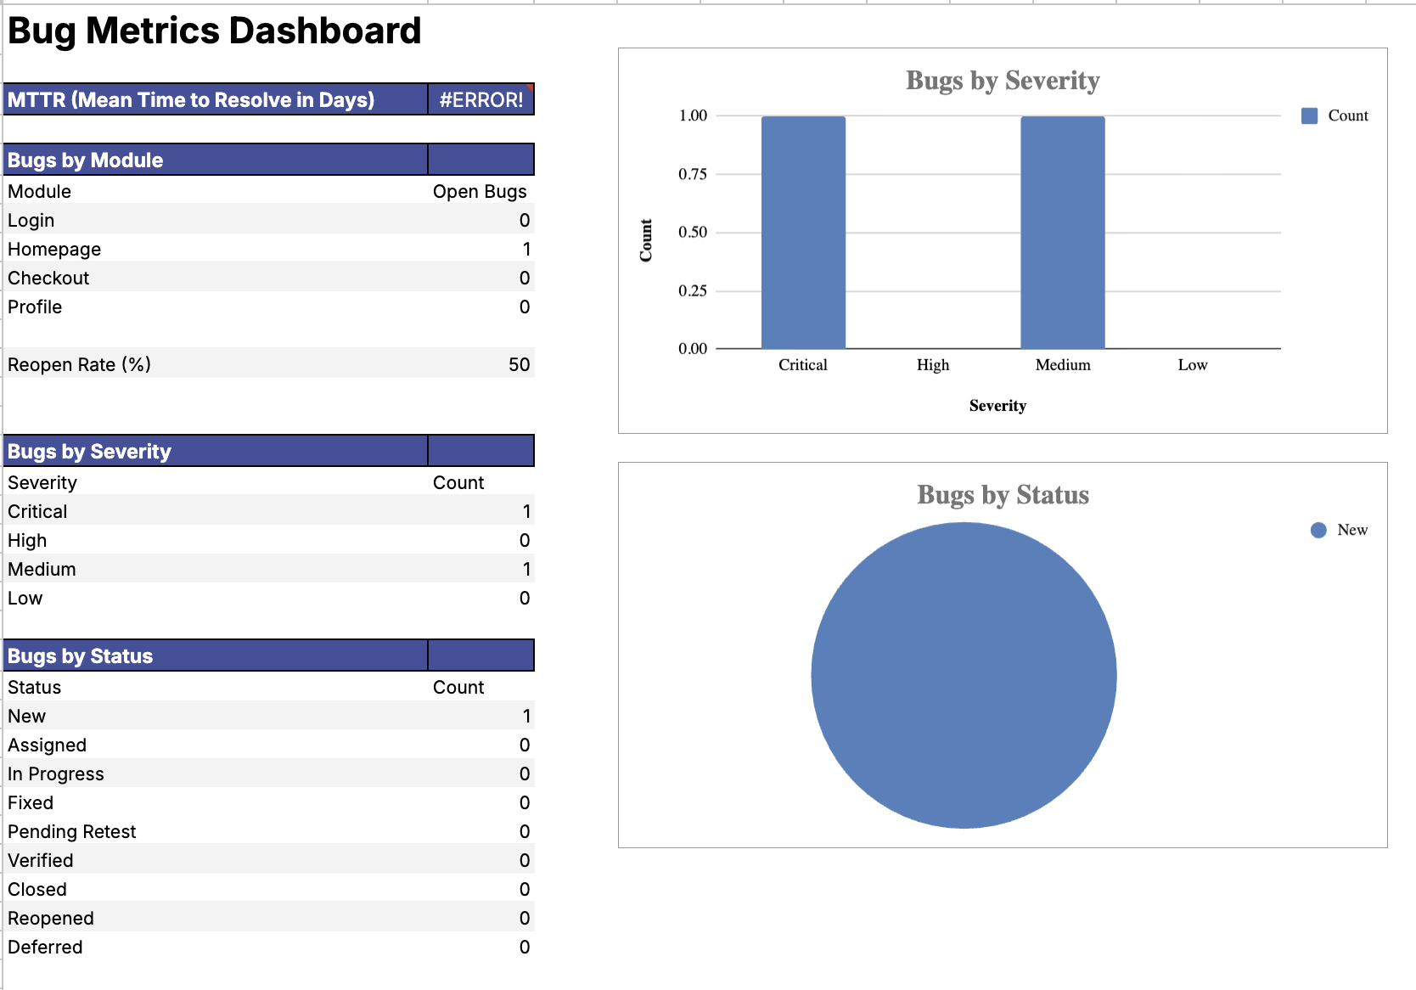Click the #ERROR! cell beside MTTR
(480, 100)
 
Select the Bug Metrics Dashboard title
(214, 31)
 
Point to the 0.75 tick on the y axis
(692, 174)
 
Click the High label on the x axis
(932, 365)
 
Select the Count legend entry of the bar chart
(1346, 115)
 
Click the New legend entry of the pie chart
(1351, 530)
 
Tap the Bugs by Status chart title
(1003, 495)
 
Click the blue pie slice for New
(964, 675)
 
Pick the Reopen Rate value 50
(519, 365)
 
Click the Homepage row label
(54, 250)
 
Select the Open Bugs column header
(480, 192)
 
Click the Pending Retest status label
(72, 832)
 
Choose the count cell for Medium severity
(525, 570)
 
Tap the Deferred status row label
(45, 948)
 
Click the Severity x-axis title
(997, 406)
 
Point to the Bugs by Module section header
(85, 160)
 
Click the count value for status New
(525, 717)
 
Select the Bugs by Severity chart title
(1003, 81)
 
